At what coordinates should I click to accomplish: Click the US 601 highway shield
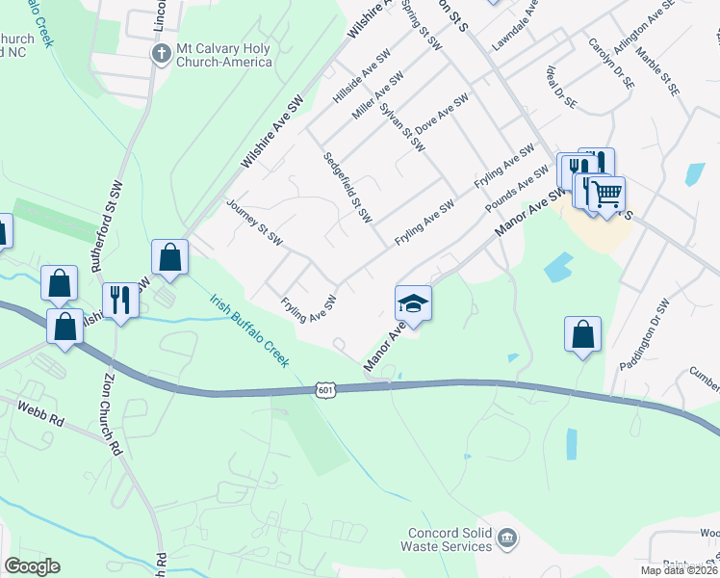[x=324, y=388]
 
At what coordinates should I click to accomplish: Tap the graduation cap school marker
[x=414, y=303]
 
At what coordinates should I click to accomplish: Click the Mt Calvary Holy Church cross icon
[x=162, y=52]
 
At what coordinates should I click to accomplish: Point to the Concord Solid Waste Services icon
[x=508, y=537]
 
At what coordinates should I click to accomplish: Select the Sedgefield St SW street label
[x=347, y=187]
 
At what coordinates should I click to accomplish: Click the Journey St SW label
[x=253, y=222]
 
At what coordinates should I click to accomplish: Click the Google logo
[x=32, y=566]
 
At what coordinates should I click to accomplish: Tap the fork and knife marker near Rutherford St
[x=120, y=300]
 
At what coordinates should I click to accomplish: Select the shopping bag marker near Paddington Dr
[x=582, y=334]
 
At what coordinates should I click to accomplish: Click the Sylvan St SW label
[x=401, y=128]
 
